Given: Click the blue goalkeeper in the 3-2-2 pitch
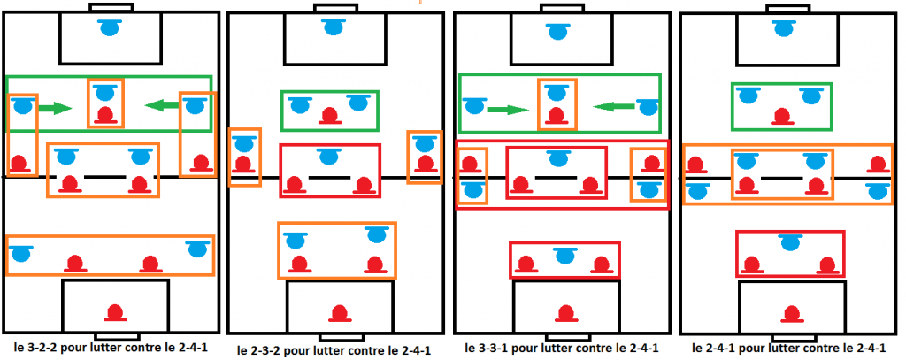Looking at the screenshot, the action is click(x=109, y=27).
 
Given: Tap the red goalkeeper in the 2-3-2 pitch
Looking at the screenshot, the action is click(x=339, y=314).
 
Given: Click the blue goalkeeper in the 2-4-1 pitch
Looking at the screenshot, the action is click(x=784, y=27).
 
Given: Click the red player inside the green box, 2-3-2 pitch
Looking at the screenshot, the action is click(x=330, y=116).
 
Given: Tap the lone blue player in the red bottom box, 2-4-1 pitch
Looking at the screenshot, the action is click(x=789, y=241).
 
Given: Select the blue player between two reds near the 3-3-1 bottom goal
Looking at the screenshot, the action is click(x=564, y=255).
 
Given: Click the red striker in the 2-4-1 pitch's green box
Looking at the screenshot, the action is click(x=783, y=116).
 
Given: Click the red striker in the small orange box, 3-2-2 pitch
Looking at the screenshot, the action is click(x=105, y=115).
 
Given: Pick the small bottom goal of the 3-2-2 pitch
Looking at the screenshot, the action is click(x=118, y=336).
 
